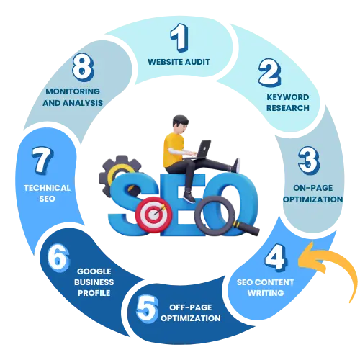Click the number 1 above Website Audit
pyautogui.click(x=179, y=37)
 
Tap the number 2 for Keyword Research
pyautogui.click(x=270, y=73)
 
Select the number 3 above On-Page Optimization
pyautogui.click(x=309, y=161)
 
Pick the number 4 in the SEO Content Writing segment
pyautogui.click(x=276, y=257)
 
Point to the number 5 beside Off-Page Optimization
pyautogui.click(x=147, y=308)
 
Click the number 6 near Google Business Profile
pyautogui.click(x=58, y=258)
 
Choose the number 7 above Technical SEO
pyautogui.click(x=42, y=161)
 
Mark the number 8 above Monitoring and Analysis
pyautogui.click(x=83, y=67)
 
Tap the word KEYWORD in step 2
pyautogui.click(x=288, y=97)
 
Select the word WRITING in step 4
pyautogui.click(x=266, y=293)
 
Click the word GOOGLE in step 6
pyautogui.click(x=94, y=271)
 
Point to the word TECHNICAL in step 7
pyautogui.click(x=47, y=188)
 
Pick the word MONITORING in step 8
pyautogui.click(x=73, y=91)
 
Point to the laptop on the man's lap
pyautogui.click(x=200, y=150)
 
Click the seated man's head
pyautogui.click(x=180, y=124)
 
